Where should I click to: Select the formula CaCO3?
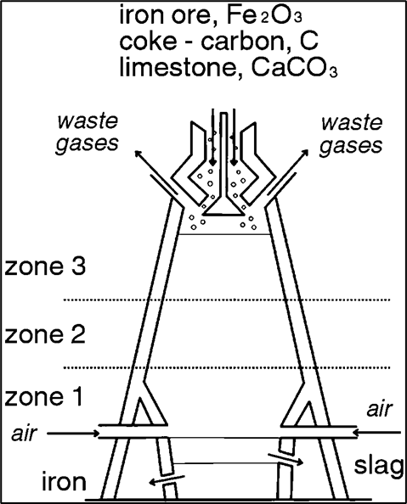coord(294,68)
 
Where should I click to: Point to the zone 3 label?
coord(45,266)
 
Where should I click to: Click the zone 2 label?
coord(45,334)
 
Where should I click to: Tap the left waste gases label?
coord(88,132)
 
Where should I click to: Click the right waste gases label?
coord(351,134)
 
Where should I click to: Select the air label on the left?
coord(25,433)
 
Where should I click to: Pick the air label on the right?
coord(380,409)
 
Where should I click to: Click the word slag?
coord(379,467)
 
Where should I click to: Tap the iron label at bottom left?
coord(65,481)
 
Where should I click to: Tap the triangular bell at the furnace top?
coord(223,209)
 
